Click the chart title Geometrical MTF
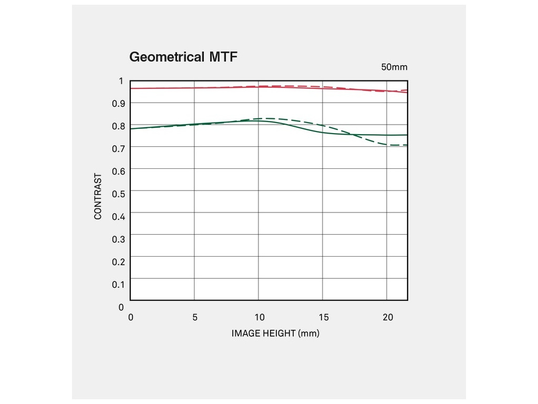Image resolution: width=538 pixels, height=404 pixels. pyautogui.click(x=183, y=57)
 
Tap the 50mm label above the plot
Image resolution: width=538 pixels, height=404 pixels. pyautogui.click(x=394, y=67)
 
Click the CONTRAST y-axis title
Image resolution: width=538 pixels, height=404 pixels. pyautogui.click(x=98, y=196)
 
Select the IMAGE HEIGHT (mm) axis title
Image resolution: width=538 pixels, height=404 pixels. pyautogui.click(x=275, y=334)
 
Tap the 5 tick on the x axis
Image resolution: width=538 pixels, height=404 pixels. pyautogui.click(x=195, y=317)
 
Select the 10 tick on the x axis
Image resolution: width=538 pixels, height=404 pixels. pyautogui.click(x=259, y=317)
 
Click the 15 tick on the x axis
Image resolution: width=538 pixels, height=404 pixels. pyautogui.click(x=324, y=317)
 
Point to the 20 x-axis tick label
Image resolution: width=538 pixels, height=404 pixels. pyautogui.click(x=388, y=317)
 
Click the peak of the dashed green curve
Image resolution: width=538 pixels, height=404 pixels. pyautogui.click(x=267, y=118)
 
